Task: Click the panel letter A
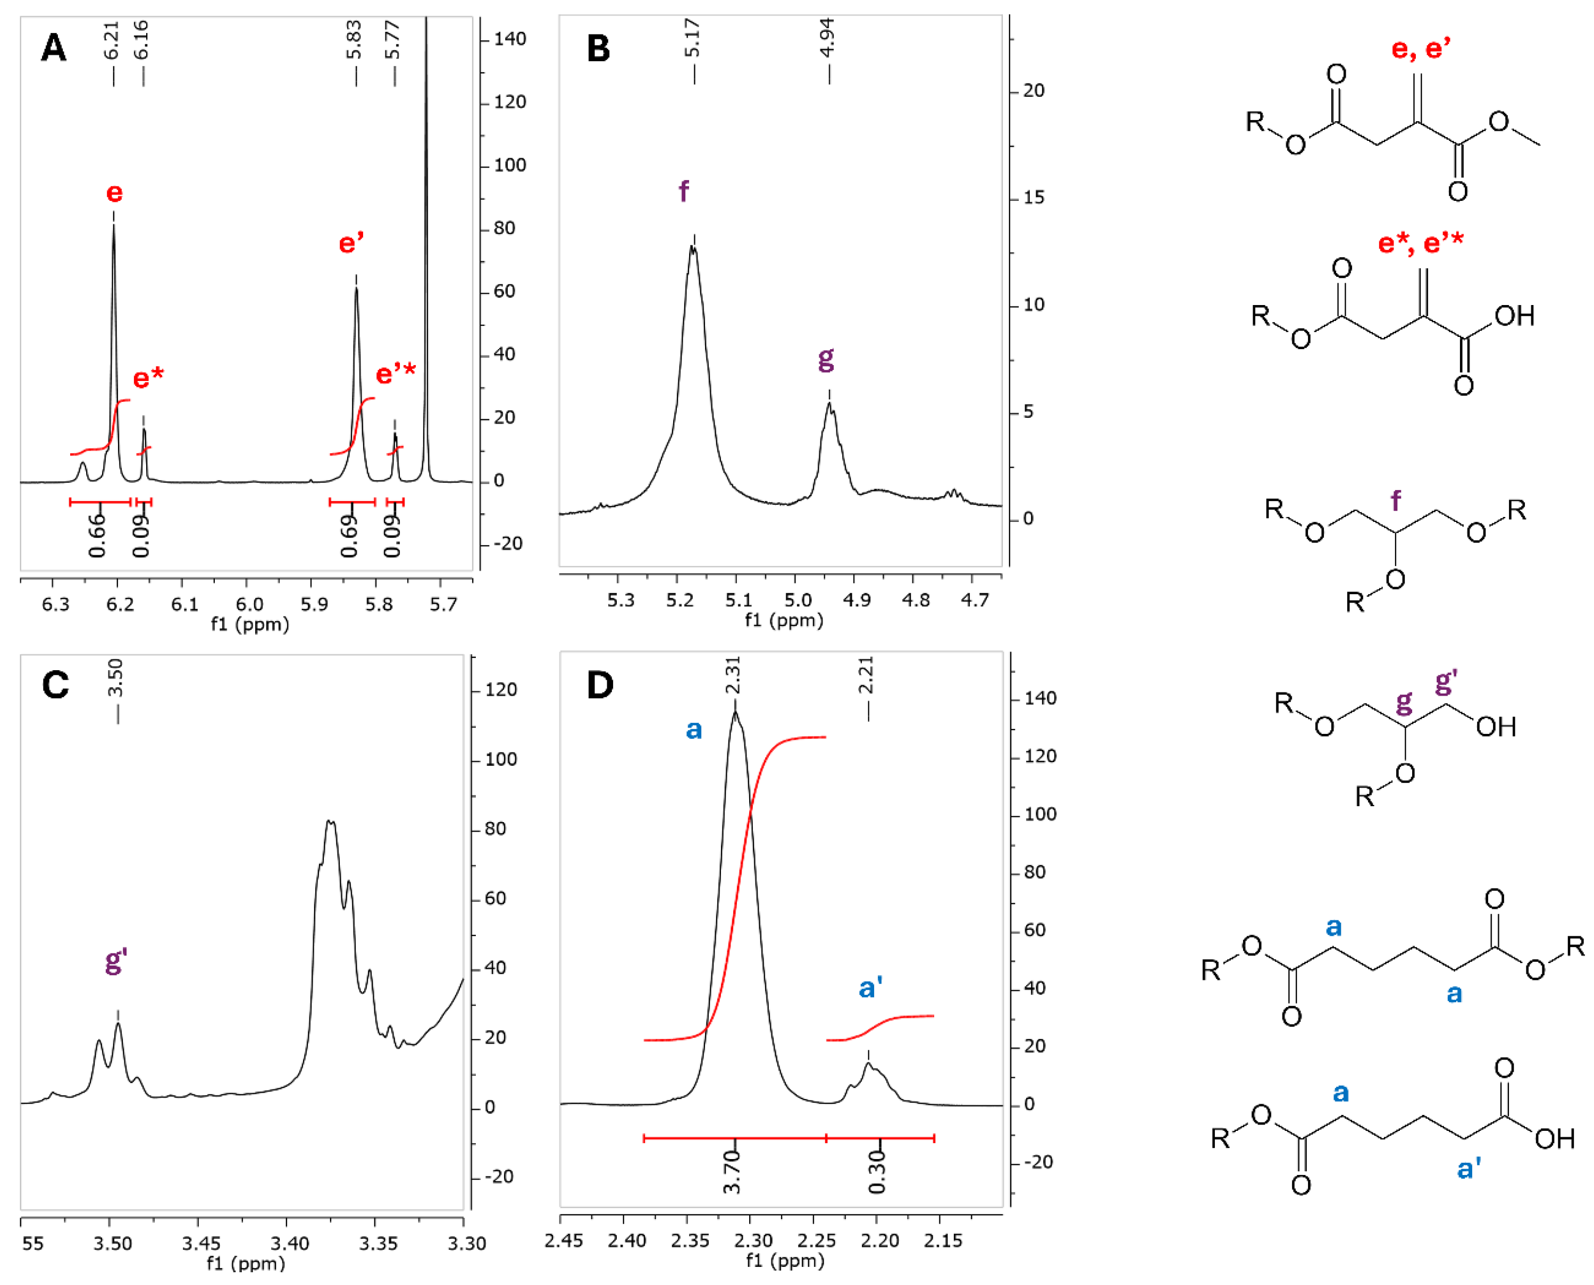(x=53, y=48)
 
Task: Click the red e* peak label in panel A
(x=148, y=378)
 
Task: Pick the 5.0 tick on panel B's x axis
(x=798, y=599)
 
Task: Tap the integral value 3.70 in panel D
(x=732, y=1172)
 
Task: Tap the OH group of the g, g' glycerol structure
(x=1496, y=727)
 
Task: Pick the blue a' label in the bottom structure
(x=1469, y=1169)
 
